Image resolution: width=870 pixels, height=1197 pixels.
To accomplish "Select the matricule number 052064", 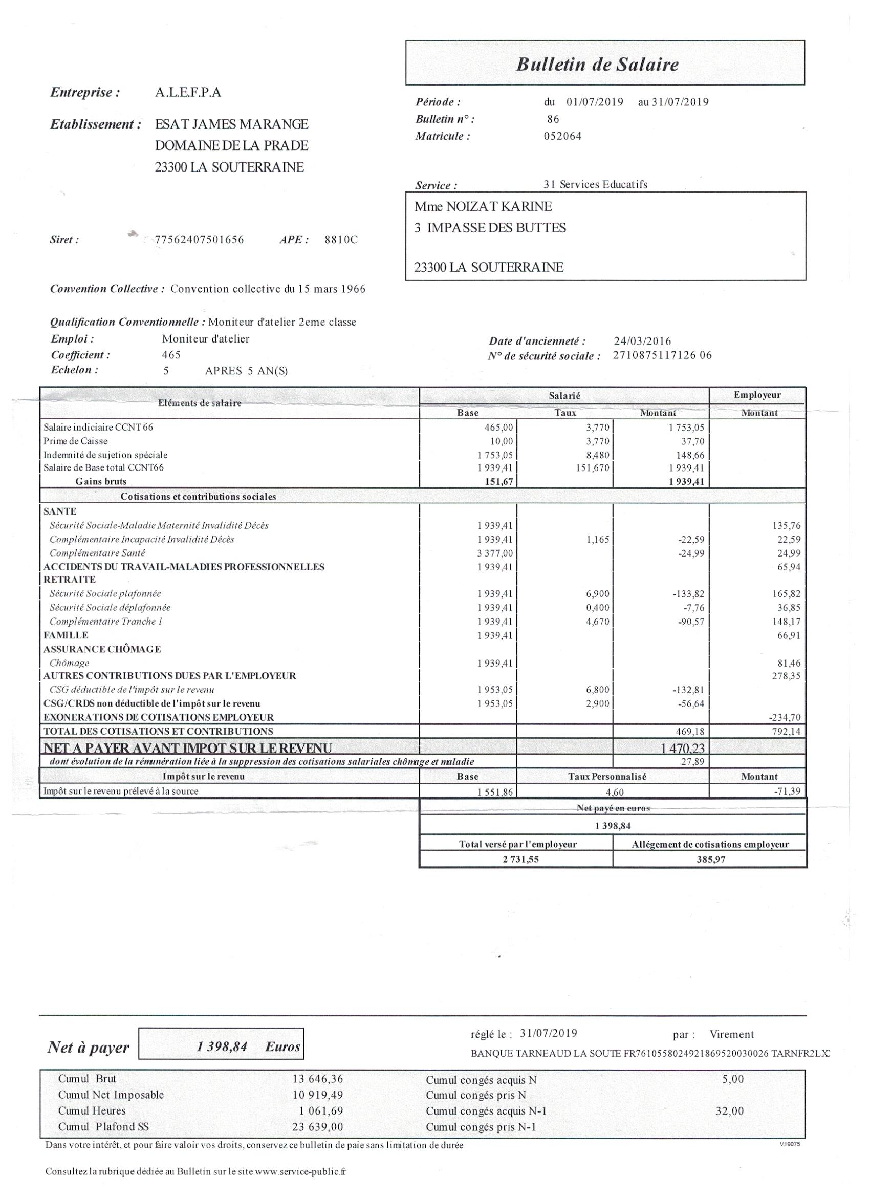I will point(562,136).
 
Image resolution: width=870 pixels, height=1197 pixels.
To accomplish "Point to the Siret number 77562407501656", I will point(199,240).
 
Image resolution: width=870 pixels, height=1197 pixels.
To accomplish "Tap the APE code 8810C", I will point(341,240).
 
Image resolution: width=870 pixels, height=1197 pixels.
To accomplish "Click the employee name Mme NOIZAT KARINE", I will point(483,207).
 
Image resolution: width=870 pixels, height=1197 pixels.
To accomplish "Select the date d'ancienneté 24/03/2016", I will point(643,341).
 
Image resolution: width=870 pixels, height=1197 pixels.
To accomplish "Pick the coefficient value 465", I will point(171,355).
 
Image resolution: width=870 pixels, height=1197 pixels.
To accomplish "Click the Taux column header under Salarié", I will point(565,413).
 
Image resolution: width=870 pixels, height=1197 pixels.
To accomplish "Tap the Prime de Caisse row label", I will point(75,441).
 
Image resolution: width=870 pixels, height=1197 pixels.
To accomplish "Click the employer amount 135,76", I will point(786,526).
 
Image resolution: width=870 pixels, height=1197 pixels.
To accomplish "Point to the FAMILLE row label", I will point(66,635).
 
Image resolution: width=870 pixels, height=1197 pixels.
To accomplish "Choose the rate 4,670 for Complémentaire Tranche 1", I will point(598,622).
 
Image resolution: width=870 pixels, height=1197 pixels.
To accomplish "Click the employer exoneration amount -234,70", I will point(785,718).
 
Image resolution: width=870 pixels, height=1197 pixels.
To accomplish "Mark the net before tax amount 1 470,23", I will point(683,749).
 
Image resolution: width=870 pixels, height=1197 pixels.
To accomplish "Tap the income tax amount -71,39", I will point(786,791).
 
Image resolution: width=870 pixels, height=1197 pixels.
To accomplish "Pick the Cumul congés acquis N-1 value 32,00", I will point(729,1111).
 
